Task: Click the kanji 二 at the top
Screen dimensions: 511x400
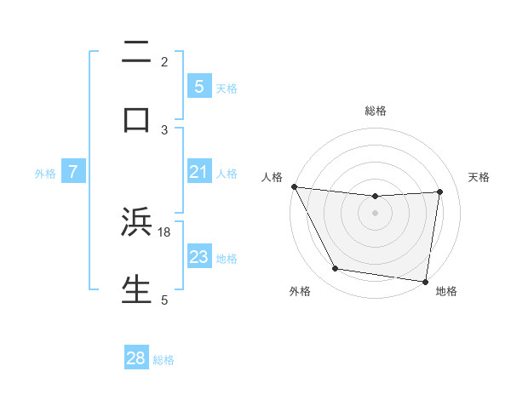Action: (136, 54)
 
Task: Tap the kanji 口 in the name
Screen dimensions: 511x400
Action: (136, 118)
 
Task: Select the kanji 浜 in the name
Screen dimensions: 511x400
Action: (136, 222)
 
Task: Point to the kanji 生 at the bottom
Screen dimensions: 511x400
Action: (136, 289)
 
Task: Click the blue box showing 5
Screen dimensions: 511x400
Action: (198, 86)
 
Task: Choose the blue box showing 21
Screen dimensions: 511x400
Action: (198, 172)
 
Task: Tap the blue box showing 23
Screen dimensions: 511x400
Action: (198, 256)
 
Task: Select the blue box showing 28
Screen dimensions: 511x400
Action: (136, 358)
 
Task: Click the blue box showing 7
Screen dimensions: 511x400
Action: (73, 172)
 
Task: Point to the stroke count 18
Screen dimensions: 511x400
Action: (164, 231)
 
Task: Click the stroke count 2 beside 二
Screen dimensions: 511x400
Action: (164, 61)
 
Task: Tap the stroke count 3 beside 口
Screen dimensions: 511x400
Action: (164, 129)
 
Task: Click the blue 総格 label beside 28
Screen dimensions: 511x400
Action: (164, 360)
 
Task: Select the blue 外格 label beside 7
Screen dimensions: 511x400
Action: (45, 174)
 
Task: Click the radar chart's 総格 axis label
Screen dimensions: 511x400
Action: (376, 111)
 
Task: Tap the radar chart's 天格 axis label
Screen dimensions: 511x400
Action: (479, 177)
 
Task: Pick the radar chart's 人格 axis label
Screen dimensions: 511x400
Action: (272, 177)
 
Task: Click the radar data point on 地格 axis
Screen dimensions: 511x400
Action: (426, 281)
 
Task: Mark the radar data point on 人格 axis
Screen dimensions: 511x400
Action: (294, 186)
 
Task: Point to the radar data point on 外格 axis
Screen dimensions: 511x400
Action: (336, 270)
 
